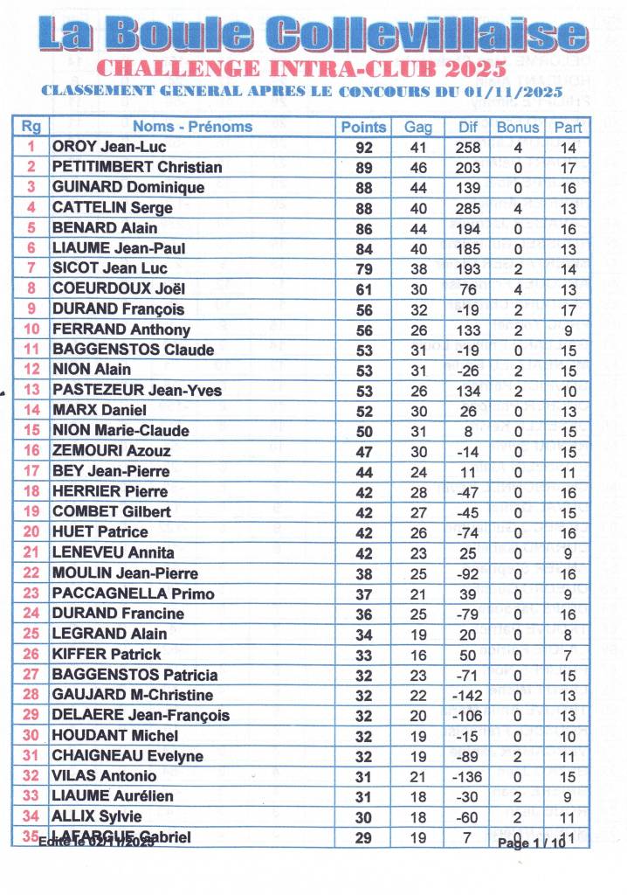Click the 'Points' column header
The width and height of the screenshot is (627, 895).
point(363,127)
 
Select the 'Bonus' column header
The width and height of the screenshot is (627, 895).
point(518,127)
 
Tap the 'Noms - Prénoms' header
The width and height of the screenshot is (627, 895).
point(192,127)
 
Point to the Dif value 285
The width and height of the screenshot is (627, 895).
point(468,208)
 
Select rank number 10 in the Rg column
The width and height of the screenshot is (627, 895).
point(31,330)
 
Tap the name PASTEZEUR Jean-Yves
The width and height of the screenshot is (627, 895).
point(137,390)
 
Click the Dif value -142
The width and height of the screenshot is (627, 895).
point(468,695)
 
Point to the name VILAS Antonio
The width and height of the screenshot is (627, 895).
point(105,776)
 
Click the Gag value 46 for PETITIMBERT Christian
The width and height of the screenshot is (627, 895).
point(418,168)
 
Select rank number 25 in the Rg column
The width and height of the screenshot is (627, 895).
point(31,634)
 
